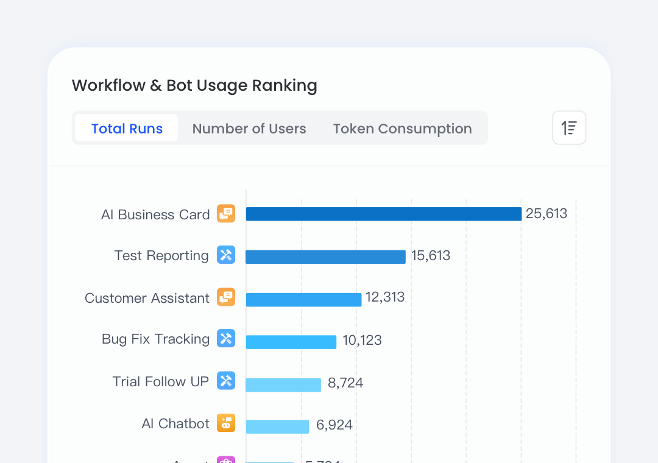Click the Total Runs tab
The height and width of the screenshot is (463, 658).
click(x=127, y=129)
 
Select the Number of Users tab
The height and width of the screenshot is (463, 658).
click(x=249, y=129)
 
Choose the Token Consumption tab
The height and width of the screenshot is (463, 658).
click(x=402, y=129)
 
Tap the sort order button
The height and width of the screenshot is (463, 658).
click(x=569, y=128)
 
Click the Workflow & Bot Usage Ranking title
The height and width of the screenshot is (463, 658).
click(x=194, y=85)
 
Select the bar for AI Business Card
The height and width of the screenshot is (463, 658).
click(x=383, y=214)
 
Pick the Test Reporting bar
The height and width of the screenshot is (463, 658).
click(x=325, y=256)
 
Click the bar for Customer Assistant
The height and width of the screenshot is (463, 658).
click(x=303, y=299)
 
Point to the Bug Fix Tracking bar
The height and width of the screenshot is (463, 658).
click(x=291, y=342)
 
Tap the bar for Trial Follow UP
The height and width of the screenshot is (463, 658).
click(x=283, y=384)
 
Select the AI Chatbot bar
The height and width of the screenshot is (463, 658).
click(x=277, y=426)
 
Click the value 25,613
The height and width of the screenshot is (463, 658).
click(x=547, y=214)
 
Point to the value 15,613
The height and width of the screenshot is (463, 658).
click(x=431, y=256)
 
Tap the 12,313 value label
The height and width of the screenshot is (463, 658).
click(x=385, y=297)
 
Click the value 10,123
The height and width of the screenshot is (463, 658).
click(x=362, y=340)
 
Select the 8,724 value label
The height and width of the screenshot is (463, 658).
click(x=345, y=383)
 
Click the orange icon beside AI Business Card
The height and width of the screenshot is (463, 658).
click(x=226, y=214)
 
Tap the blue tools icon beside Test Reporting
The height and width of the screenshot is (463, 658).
click(x=226, y=255)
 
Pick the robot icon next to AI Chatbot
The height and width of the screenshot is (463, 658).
click(x=226, y=423)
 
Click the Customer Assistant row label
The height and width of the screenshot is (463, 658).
click(x=147, y=298)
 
